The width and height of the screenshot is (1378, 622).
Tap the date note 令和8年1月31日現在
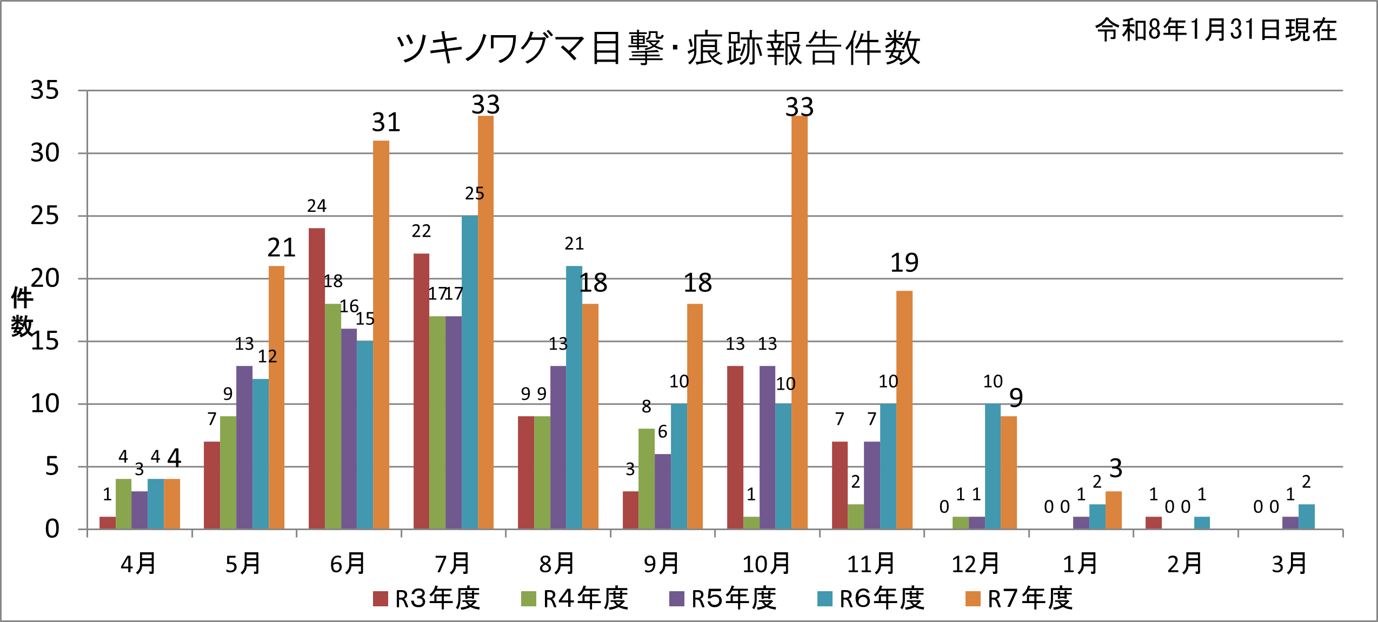pos(1216,30)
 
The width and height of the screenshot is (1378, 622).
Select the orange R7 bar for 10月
pos(800,322)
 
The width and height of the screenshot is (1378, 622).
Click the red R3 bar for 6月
pos(317,378)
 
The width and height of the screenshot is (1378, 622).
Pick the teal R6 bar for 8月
pos(574,397)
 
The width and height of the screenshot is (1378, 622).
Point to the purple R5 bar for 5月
pos(244,447)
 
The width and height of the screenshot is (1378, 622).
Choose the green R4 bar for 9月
pos(647,479)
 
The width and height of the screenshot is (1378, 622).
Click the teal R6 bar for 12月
pos(993,466)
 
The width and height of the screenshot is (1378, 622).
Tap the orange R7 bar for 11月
pos(904,410)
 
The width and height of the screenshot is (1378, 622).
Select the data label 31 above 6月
pos(386,123)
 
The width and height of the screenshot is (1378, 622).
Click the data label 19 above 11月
pos(904,263)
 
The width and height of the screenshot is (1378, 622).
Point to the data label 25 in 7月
pos(474,193)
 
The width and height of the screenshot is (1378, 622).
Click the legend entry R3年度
pos(427,599)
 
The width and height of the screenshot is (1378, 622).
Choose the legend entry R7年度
pos(1020,599)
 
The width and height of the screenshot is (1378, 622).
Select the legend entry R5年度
pos(723,599)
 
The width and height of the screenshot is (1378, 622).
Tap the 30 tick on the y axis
pos(45,153)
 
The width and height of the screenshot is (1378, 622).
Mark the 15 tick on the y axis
pos(45,342)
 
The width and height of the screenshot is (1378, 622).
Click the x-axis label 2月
pos(1184,564)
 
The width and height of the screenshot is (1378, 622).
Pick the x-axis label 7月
pos(452,564)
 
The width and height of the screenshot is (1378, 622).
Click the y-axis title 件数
pos(22,312)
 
